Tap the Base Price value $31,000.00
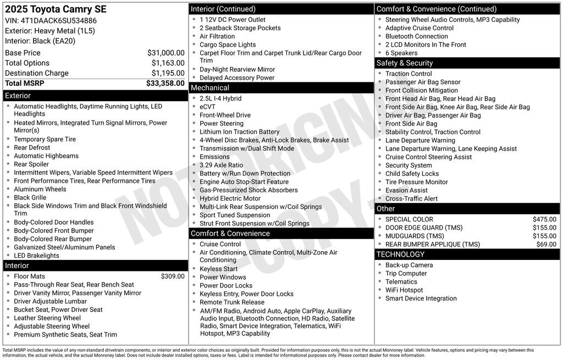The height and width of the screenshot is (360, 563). coord(165,53)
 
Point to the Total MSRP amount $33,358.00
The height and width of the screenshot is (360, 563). coord(165,84)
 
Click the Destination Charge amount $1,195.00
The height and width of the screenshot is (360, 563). coord(168,73)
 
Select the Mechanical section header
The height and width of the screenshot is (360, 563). coord(210,88)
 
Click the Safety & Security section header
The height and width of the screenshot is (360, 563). coord(405,63)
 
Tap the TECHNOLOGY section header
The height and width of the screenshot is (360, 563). coord(400,254)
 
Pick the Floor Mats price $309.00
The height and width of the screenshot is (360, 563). coord(173,276)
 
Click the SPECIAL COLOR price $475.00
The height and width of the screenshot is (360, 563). coord(544,219)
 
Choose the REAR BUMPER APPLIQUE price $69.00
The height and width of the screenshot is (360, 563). coord(546,245)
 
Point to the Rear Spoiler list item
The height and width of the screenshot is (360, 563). coord(31,164)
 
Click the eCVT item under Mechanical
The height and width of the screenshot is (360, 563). coord(208,107)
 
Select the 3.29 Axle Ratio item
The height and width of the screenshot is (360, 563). coord(221,165)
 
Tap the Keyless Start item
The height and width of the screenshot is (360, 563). coord(219,269)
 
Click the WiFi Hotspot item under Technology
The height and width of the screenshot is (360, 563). coord(404,290)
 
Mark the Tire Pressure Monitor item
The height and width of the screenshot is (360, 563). coord(417,182)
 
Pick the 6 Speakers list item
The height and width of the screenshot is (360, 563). coord(401,53)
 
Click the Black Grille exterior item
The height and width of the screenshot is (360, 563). coord(30,197)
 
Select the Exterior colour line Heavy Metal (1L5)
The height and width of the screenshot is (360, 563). coord(50,31)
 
